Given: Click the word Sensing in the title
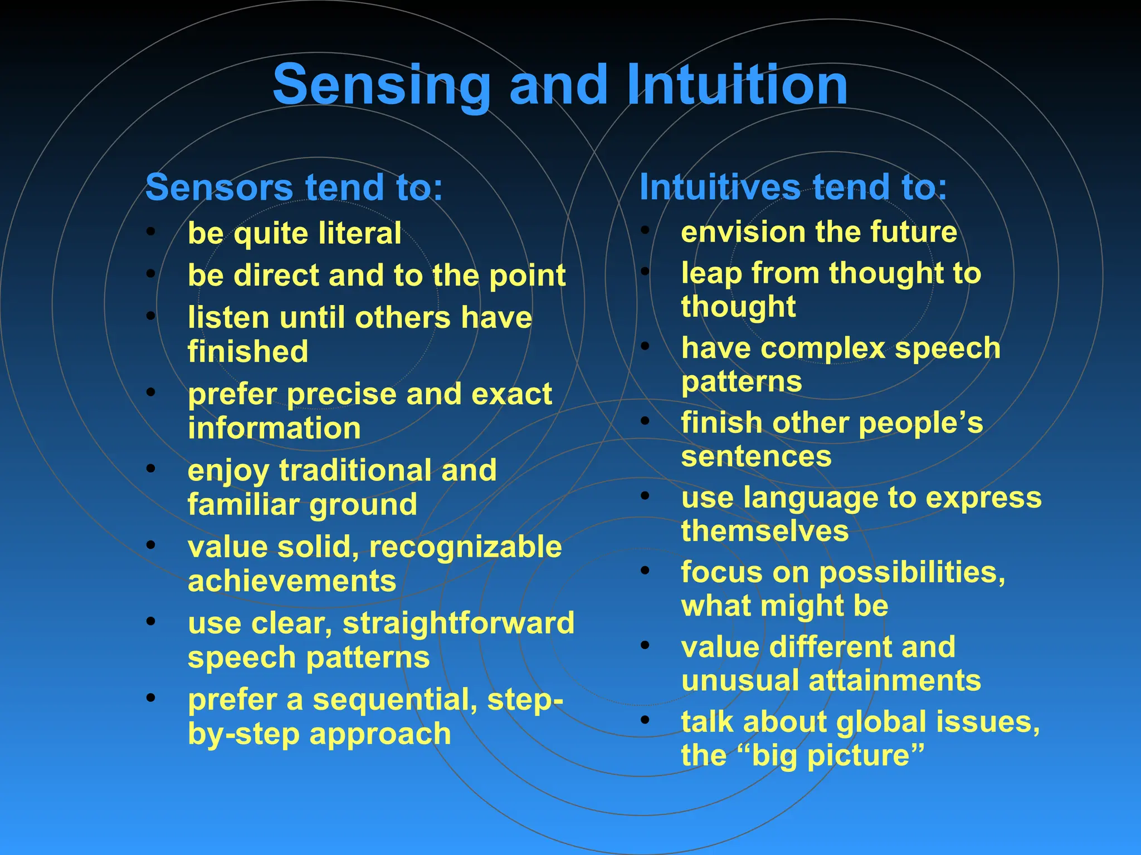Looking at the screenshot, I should coord(381,85).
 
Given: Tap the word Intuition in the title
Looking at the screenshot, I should coord(737,85).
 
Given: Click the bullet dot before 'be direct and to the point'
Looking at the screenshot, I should coord(150,273).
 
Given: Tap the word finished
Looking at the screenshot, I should coord(248,352).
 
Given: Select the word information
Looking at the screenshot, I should coord(274,428).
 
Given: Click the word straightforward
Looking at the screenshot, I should coord(458,623).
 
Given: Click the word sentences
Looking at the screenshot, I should coord(756,456).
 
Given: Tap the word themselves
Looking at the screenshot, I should coord(764,531).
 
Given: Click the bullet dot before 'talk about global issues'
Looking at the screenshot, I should coord(645,720).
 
